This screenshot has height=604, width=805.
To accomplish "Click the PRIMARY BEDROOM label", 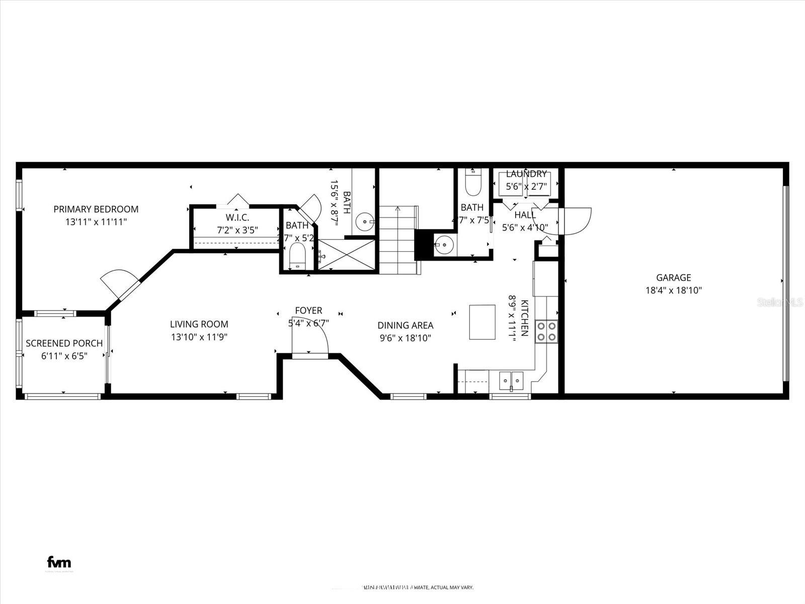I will [96, 209].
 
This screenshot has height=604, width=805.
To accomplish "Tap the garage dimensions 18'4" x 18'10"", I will [673, 290].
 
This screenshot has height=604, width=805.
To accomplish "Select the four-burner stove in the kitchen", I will [546, 331].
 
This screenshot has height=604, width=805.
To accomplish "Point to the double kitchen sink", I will [512, 380].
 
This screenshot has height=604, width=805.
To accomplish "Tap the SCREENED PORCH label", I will [64, 343].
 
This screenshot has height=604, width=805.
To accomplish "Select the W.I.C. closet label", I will [237, 217].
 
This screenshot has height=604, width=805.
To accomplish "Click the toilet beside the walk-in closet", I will [297, 256].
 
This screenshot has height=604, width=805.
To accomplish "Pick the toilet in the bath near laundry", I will [473, 183].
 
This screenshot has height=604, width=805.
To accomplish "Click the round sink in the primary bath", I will [364, 220].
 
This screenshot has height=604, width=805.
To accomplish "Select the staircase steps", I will [397, 240].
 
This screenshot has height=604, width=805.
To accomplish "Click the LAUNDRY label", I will [526, 174].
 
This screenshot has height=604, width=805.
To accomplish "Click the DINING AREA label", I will [406, 326].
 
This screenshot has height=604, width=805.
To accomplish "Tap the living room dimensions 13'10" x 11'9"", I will [199, 337].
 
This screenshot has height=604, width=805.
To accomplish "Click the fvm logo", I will [59, 562].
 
